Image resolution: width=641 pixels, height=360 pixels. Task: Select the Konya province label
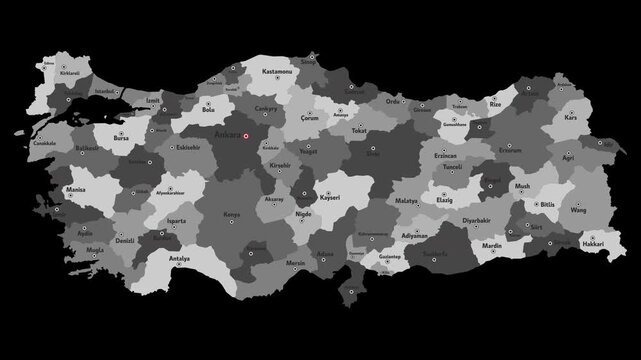(232, 214)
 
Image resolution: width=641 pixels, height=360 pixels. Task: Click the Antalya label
(180, 258)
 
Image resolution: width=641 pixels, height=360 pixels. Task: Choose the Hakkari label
(593, 243)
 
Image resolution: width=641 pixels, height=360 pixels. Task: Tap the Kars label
(572, 117)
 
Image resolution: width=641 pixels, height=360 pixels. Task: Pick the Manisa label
(75, 188)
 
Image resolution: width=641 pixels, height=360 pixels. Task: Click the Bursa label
(121, 140)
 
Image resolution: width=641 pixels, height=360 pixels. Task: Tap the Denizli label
(126, 241)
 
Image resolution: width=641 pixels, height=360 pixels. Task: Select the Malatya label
(406, 201)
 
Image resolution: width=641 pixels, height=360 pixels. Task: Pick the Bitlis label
(548, 204)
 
